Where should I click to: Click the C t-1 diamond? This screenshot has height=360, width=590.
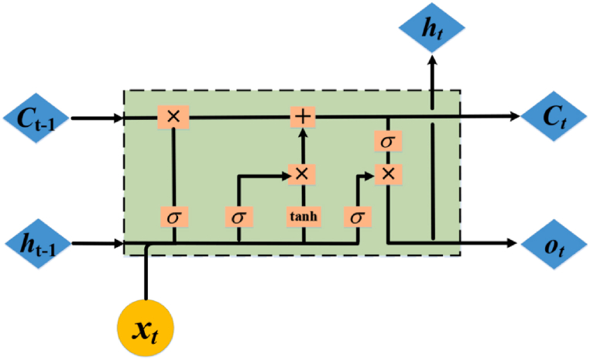click(37, 118)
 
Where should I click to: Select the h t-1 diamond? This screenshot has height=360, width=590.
click(37, 244)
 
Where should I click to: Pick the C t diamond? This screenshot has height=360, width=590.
click(552, 118)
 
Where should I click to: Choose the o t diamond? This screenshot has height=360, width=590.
click(552, 244)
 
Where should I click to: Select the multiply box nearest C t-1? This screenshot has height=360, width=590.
click(173, 117)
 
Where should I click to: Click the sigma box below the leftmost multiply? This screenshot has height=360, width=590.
click(173, 217)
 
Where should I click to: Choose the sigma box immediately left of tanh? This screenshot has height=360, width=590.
click(238, 217)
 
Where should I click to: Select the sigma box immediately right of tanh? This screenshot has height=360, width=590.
click(357, 217)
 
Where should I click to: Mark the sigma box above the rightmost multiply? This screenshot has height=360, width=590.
click(387, 142)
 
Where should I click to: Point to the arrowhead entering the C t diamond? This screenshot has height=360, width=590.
click(513, 117)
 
